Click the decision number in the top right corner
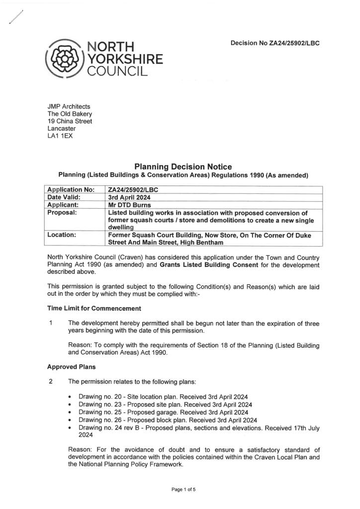pos(274,43)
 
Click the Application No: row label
pos(70,190)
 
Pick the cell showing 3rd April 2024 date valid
pos(130,197)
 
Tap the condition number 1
pos(51,323)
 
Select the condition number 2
pos(51,382)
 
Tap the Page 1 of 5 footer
pos(184,490)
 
